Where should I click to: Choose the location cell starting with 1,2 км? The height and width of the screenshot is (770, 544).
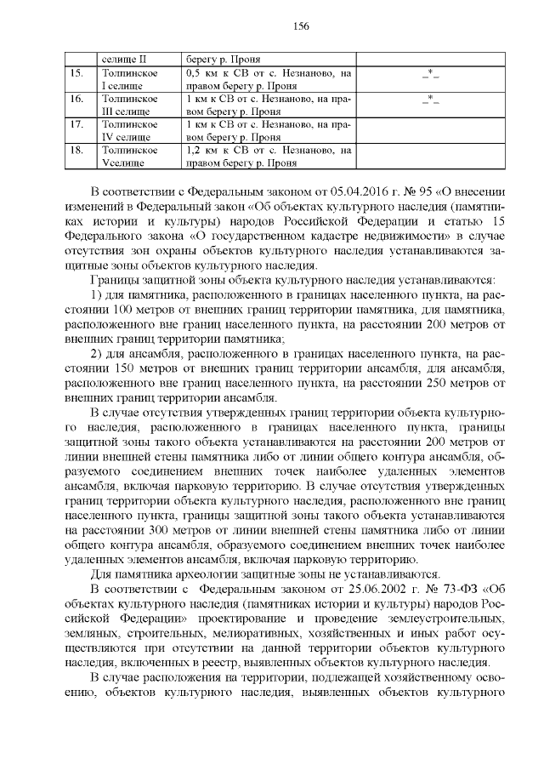click(268, 154)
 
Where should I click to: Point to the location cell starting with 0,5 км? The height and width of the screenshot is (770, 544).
click(268, 80)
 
